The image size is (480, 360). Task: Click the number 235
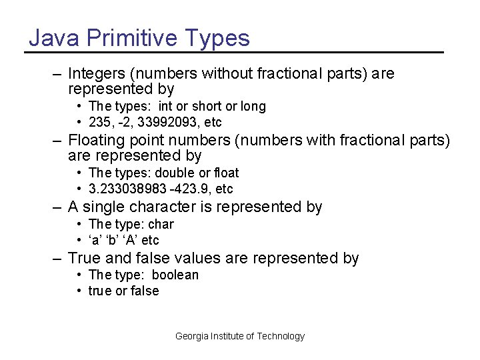coord(101,123)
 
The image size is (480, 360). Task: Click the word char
coord(161,225)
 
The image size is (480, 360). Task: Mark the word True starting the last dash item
coord(83,258)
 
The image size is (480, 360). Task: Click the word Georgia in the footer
coord(191,337)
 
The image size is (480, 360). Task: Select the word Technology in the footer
coord(281,337)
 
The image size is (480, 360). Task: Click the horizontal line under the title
coord(235,52)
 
